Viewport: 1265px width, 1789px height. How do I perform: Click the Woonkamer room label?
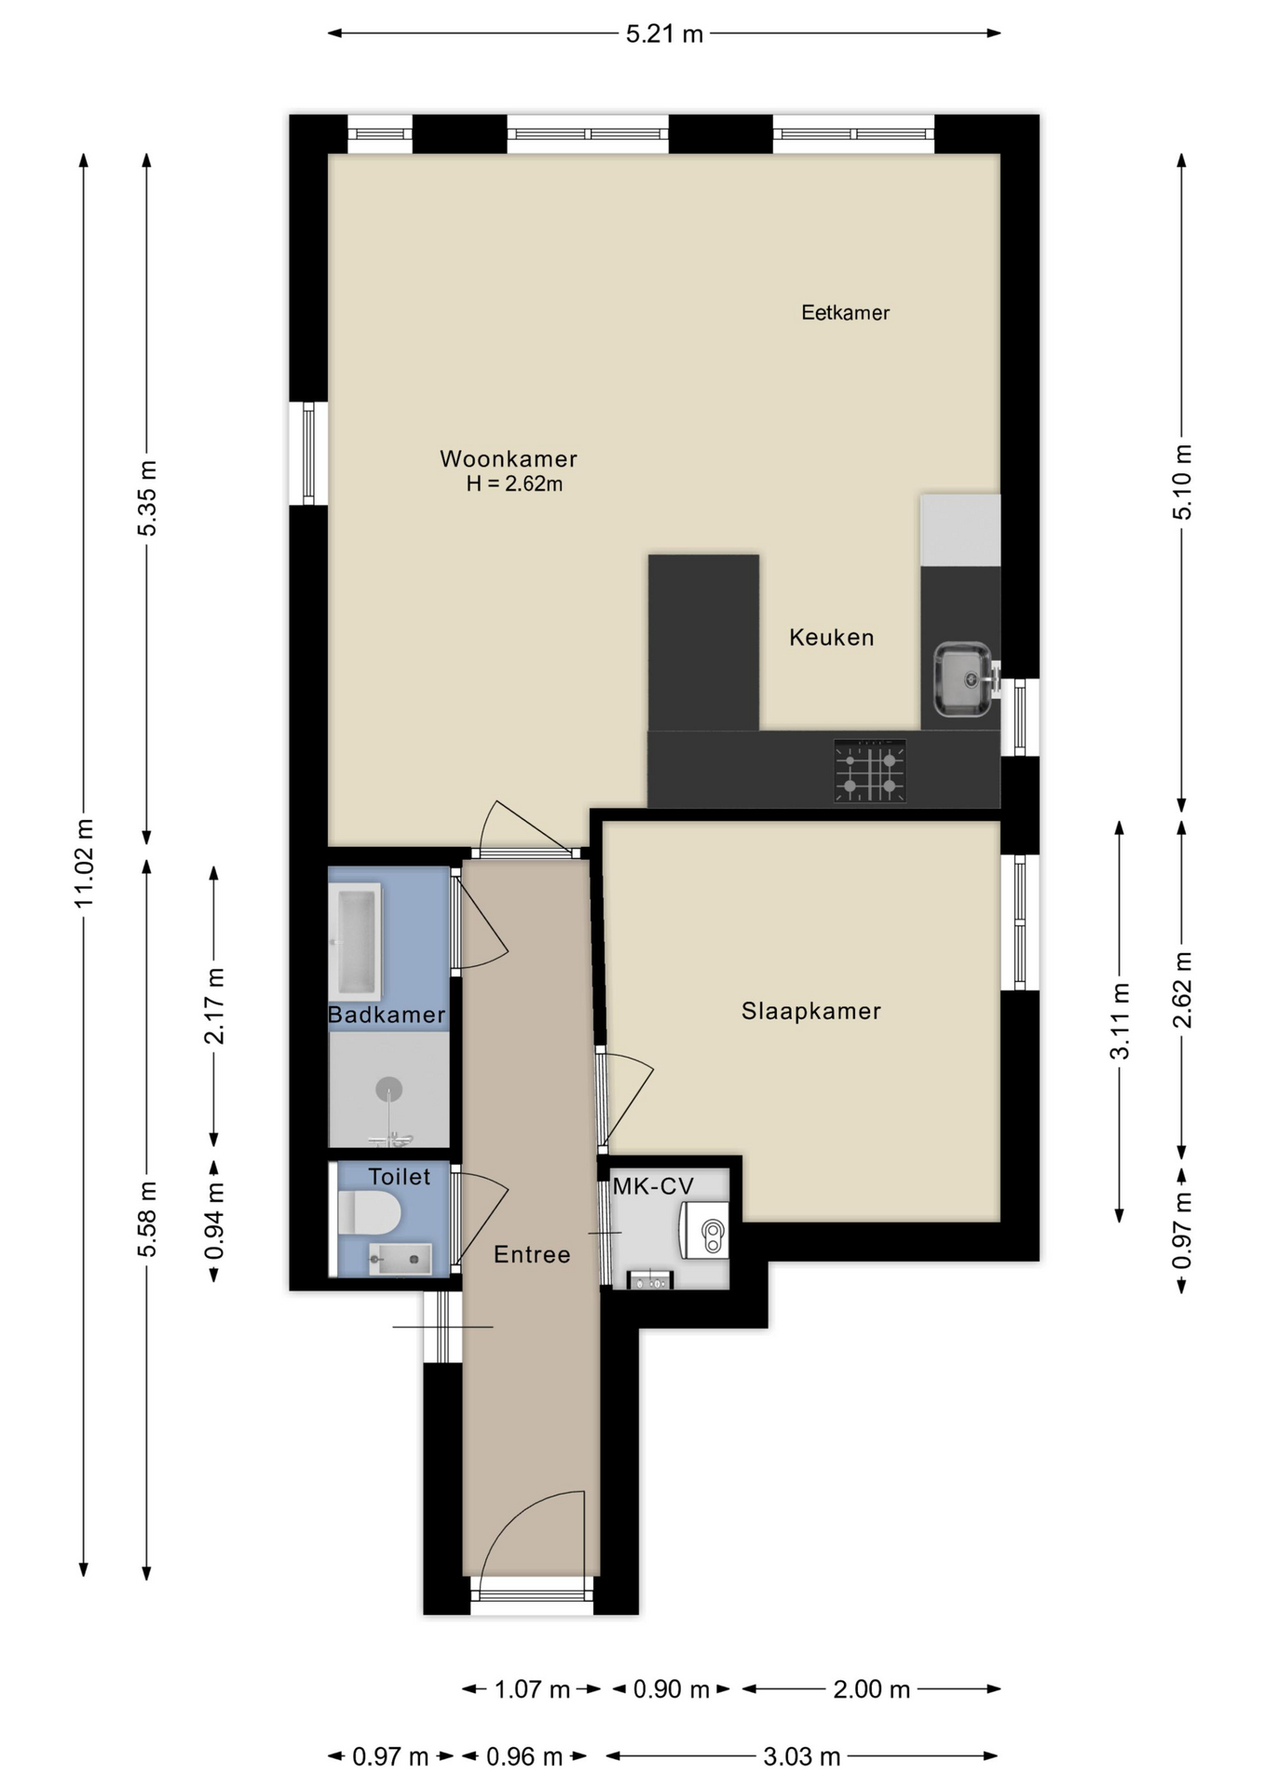tap(508, 458)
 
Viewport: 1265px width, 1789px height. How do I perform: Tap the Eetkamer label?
tap(845, 313)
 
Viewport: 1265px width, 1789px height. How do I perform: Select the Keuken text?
tap(831, 637)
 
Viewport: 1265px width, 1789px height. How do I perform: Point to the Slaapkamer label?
tap(810, 1011)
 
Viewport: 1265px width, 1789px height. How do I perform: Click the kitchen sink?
tap(963, 679)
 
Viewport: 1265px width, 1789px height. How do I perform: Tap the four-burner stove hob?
tap(869, 771)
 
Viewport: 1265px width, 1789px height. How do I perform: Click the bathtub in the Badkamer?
tap(356, 941)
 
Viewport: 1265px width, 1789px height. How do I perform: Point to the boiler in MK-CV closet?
tap(704, 1230)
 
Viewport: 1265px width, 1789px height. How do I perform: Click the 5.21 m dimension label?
tap(663, 34)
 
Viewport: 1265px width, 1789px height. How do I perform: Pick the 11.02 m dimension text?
tap(84, 863)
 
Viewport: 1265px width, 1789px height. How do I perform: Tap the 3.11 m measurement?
tap(1119, 1021)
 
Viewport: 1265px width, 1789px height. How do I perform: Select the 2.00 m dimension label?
tap(871, 1689)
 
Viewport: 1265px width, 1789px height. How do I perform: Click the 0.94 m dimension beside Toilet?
tap(214, 1221)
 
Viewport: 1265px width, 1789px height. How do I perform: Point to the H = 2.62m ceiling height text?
tap(514, 485)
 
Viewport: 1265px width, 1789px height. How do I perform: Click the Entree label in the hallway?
tap(532, 1254)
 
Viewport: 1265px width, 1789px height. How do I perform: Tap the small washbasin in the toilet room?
tap(401, 1259)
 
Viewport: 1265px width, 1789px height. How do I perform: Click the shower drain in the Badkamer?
tap(388, 1088)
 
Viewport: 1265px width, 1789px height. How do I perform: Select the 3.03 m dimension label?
tap(801, 1756)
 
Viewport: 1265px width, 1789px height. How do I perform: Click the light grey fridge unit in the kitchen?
tap(959, 529)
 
